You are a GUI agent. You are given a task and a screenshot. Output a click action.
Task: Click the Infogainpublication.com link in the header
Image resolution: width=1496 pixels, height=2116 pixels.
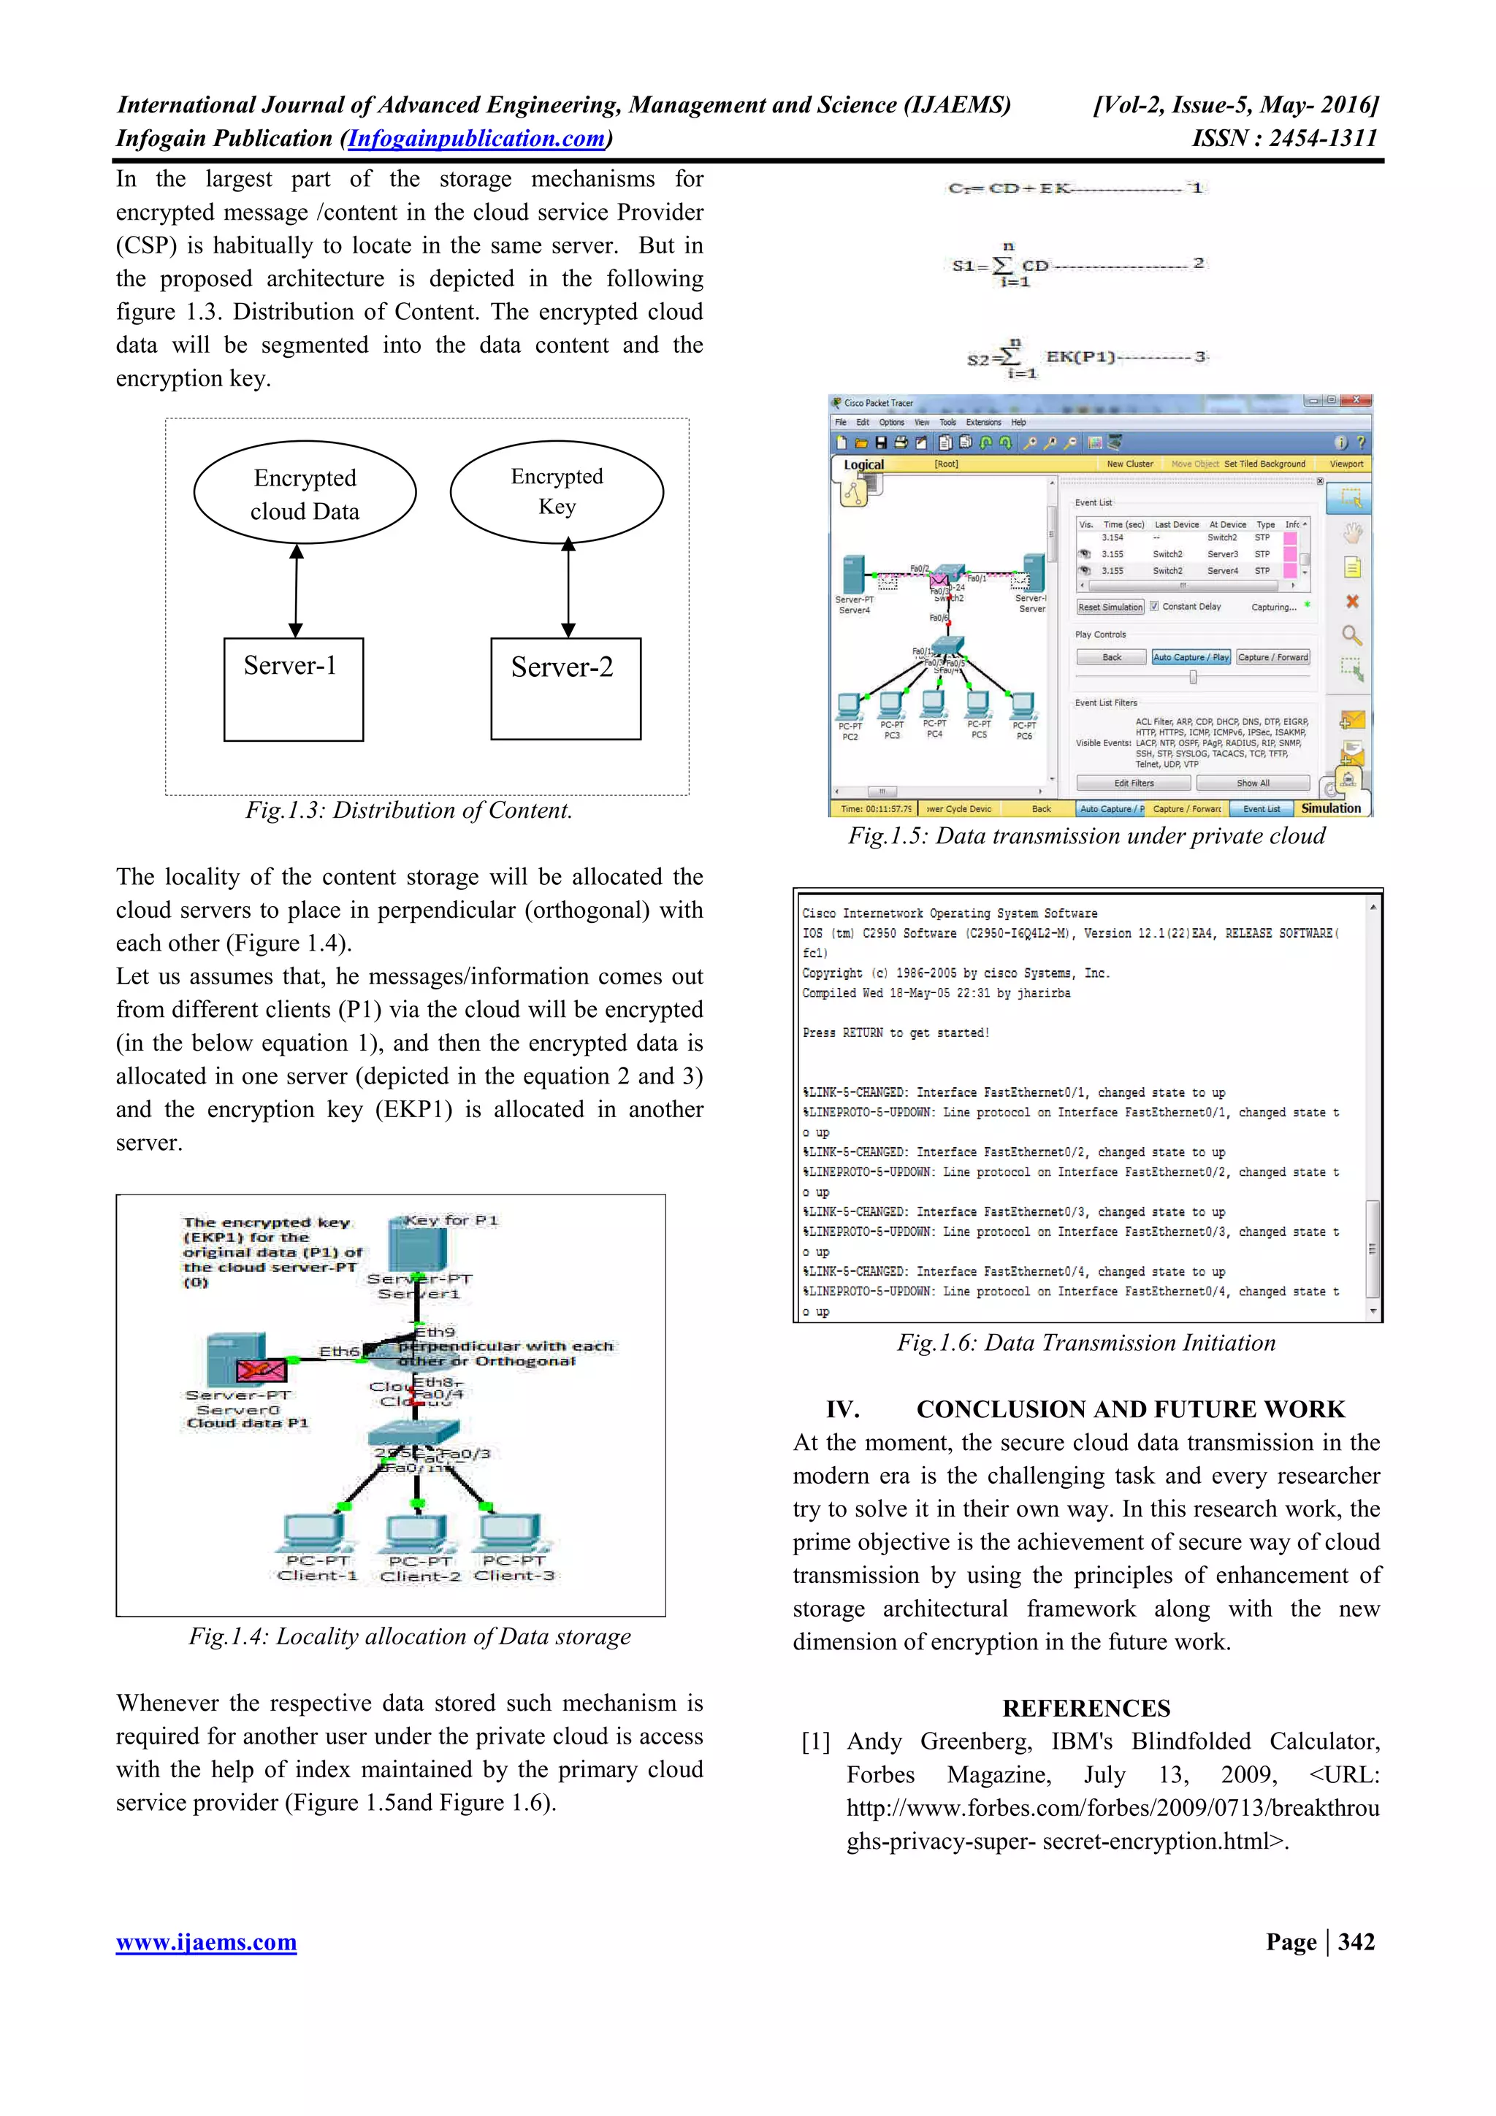(x=476, y=139)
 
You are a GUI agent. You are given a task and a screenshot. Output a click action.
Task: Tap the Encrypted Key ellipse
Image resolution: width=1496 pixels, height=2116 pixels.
(x=557, y=491)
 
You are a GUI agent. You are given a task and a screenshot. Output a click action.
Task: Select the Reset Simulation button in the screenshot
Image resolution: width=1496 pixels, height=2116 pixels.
(x=1110, y=607)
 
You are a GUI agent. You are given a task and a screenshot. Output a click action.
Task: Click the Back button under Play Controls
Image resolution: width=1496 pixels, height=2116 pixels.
(x=1112, y=657)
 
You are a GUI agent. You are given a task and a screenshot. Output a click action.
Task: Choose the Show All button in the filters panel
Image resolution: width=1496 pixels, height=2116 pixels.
(x=1253, y=783)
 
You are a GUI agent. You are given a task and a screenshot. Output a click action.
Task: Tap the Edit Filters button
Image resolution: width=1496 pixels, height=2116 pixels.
(x=1134, y=783)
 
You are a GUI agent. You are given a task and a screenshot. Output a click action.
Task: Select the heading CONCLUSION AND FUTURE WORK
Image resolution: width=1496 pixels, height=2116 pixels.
(x=1130, y=1409)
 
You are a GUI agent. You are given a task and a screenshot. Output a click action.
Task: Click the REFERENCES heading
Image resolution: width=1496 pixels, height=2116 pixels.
(x=1085, y=1709)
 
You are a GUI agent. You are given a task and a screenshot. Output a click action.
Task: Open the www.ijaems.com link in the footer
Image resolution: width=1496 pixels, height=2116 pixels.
(x=207, y=1943)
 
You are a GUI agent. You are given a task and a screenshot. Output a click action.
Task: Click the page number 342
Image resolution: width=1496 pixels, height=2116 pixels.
(x=1356, y=1941)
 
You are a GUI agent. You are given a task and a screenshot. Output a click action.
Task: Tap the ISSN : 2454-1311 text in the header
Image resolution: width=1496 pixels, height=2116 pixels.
(x=1284, y=139)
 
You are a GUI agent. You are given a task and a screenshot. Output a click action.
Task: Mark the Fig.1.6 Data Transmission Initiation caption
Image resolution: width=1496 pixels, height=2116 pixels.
(x=1085, y=1343)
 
